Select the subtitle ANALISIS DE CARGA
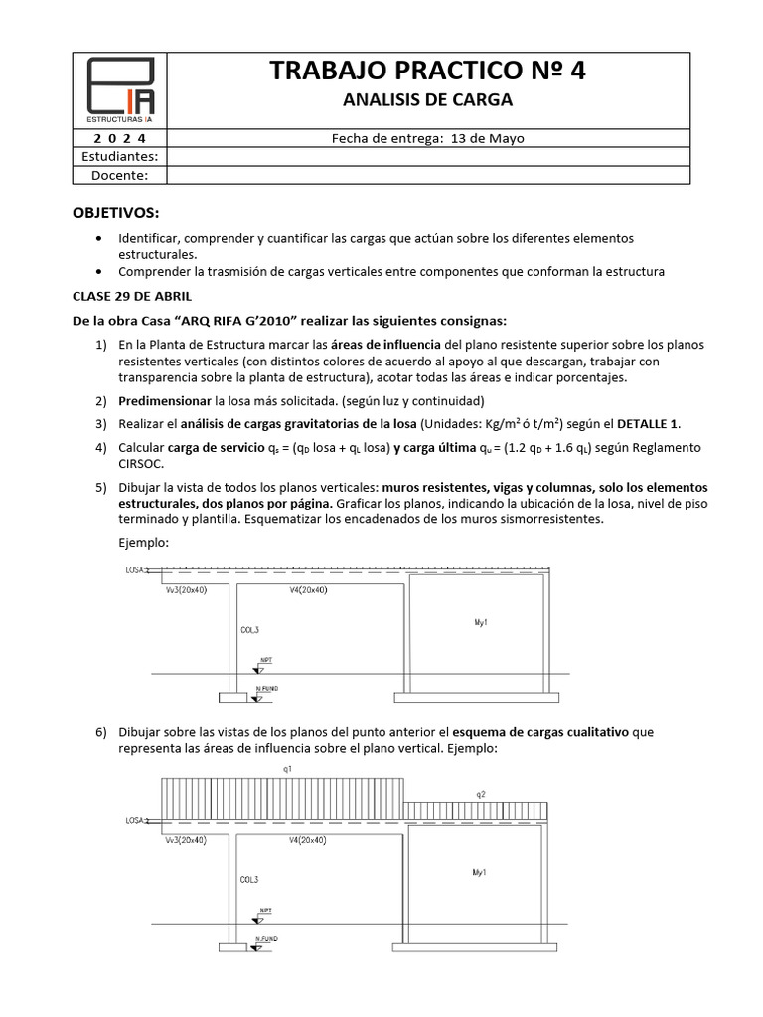(x=427, y=100)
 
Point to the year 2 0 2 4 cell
(x=120, y=138)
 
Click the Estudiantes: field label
(x=120, y=156)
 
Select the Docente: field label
(x=120, y=175)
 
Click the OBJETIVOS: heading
(x=115, y=213)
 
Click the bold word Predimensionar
(x=165, y=400)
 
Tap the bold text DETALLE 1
(x=649, y=423)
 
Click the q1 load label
(x=287, y=768)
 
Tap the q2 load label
(x=479, y=793)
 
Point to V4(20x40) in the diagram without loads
(x=308, y=589)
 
